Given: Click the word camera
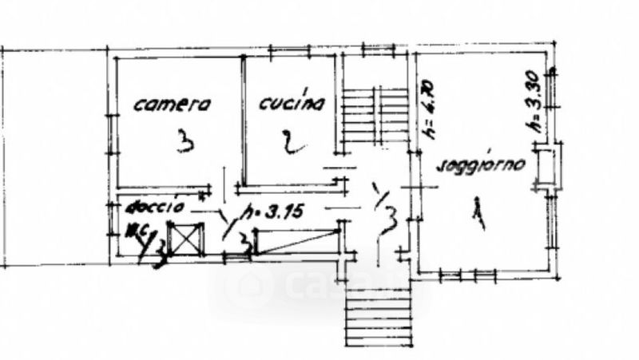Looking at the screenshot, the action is pos(171,104).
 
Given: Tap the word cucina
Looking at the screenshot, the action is pos(292,103).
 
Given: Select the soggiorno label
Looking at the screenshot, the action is pos(480,166).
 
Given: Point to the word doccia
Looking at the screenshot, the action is pos(154,207).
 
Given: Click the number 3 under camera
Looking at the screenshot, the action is pos(185,142).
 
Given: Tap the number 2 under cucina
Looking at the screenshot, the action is pos(292,144).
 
